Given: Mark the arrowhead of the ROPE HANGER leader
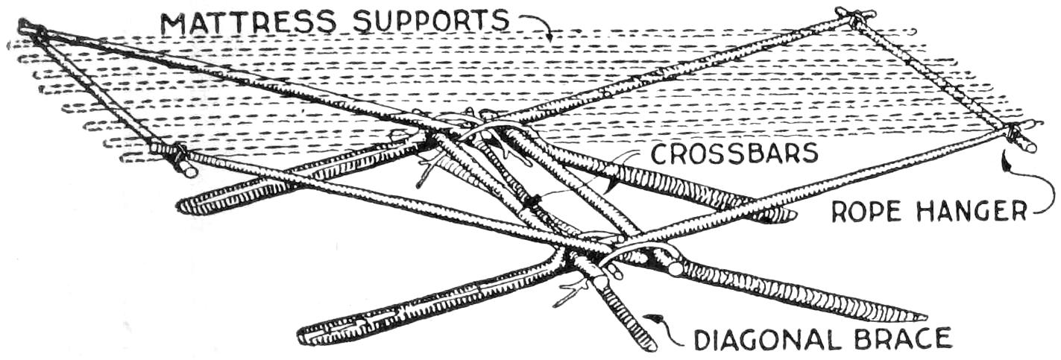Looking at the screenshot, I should tap(1004, 156).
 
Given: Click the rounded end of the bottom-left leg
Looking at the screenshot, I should tap(305, 335).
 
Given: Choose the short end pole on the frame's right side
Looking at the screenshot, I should tap(936, 75).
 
